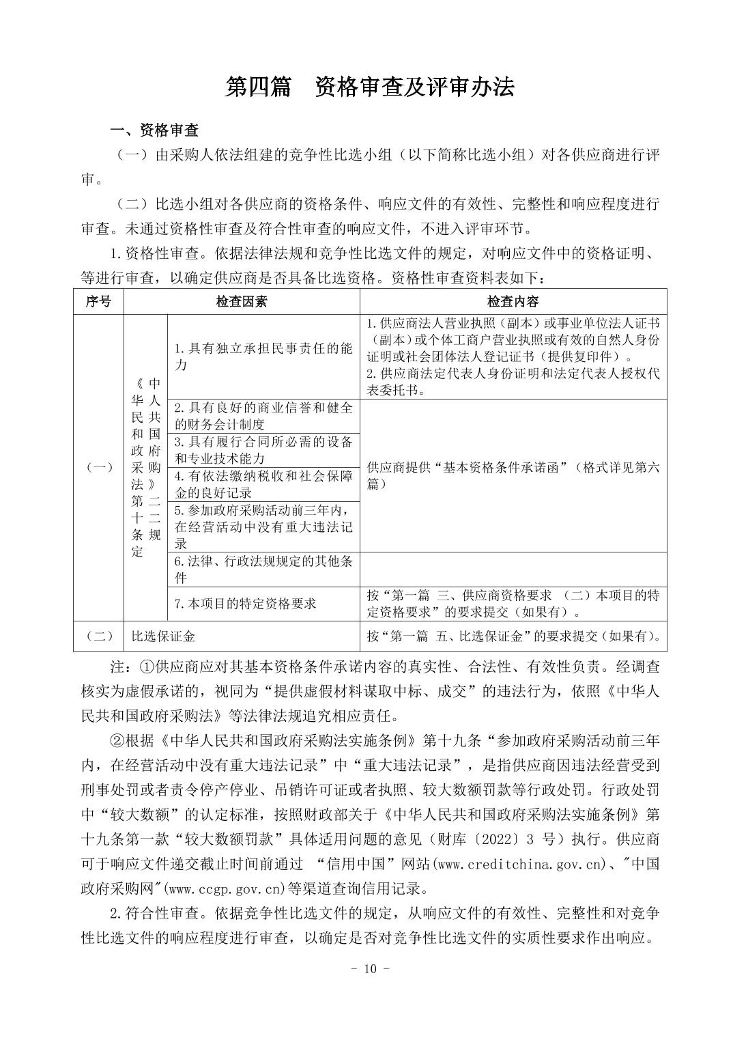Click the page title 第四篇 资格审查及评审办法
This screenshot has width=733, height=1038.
(x=369, y=87)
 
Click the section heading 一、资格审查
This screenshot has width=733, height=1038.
(x=155, y=130)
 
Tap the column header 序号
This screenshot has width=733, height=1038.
(x=98, y=302)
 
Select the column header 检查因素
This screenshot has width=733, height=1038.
(x=242, y=302)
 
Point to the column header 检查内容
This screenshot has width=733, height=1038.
(x=513, y=302)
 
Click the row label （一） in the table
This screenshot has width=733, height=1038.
(x=98, y=467)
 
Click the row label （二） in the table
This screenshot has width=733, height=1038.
(x=98, y=636)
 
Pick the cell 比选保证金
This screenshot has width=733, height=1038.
(x=164, y=636)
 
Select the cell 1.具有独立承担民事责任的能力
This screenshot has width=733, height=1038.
(x=263, y=356)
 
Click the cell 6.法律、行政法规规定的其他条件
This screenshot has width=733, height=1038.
(x=263, y=570)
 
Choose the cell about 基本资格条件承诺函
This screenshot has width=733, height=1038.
(x=513, y=475)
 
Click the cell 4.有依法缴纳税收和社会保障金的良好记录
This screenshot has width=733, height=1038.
(x=263, y=484)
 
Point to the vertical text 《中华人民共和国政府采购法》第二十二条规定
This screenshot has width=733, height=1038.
(x=145, y=467)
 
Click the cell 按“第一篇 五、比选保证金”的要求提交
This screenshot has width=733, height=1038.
(x=513, y=636)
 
